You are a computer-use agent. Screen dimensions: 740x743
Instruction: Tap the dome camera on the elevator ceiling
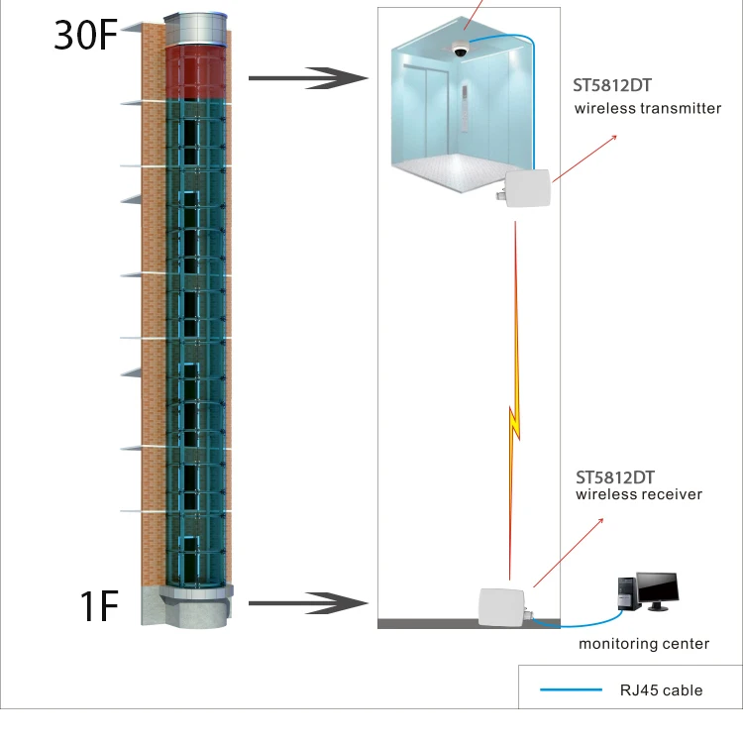coord(460,51)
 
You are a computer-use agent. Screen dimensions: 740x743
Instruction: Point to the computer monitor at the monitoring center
coord(657,590)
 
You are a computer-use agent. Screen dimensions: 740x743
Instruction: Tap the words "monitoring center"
coord(644,644)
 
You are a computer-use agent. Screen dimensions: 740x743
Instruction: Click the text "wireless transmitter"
coord(648,108)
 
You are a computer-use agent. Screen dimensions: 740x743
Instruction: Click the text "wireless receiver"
coord(639,494)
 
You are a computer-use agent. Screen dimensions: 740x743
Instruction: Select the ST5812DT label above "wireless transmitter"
coord(612,86)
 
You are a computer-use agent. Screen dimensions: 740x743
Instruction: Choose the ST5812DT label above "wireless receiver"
coord(612,475)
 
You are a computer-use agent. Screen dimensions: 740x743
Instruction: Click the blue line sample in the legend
coord(571,689)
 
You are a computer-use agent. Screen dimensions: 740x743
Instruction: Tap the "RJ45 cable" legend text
coord(661,689)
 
